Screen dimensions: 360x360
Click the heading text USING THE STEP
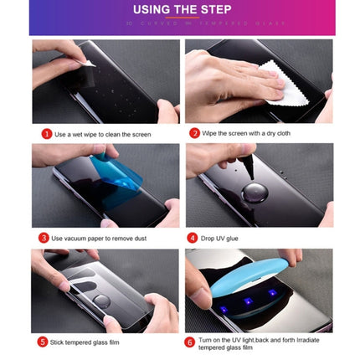point(182,10)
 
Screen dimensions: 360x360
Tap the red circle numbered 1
point(47,134)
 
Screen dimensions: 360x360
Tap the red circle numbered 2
point(194,133)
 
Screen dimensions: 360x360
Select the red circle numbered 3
point(44,238)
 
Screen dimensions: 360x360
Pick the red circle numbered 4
point(192,238)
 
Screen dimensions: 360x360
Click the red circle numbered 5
point(43,342)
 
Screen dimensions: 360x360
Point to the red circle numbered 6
point(190,342)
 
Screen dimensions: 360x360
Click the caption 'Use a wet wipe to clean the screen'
point(102,134)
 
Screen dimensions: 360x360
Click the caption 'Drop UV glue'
point(220,238)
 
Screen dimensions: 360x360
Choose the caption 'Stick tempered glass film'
point(85,342)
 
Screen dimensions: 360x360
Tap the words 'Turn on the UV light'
point(224,339)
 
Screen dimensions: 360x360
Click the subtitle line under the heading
point(182,23)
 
